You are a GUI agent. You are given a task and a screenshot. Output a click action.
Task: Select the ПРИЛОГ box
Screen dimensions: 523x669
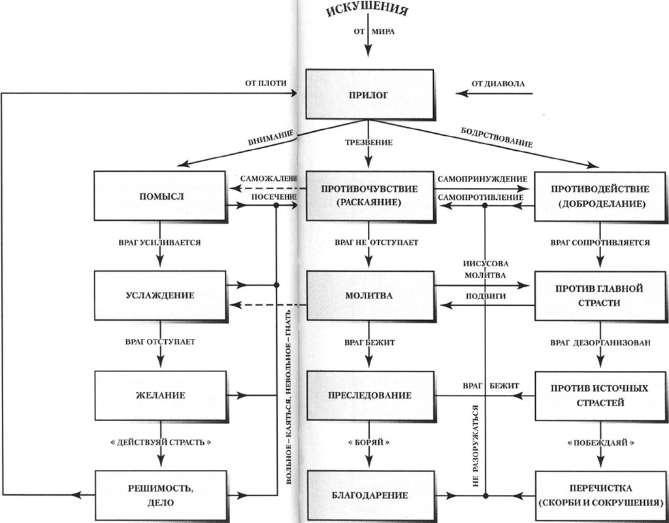(x=368, y=95)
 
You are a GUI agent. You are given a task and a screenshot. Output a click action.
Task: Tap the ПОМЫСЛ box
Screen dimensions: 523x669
(x=159, y=196)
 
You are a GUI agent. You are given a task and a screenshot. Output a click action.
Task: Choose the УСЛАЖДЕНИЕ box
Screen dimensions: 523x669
(x=159, y=295)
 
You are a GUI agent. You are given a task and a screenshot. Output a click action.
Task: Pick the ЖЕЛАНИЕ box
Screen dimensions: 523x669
(x=159, y=395)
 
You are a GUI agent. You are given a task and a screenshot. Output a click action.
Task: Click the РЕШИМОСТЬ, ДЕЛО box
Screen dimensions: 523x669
(x=159, y=495)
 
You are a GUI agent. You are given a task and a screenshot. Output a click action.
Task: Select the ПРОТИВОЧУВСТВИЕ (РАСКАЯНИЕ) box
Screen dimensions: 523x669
(x=369, y=196)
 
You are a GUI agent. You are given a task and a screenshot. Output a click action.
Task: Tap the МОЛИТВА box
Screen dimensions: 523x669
(x=369, y=295)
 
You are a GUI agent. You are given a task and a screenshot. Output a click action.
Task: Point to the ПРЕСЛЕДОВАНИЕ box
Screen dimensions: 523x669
(x=369, y=395)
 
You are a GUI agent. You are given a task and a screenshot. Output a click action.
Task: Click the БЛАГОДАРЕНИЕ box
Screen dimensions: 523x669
(x=369, y=495)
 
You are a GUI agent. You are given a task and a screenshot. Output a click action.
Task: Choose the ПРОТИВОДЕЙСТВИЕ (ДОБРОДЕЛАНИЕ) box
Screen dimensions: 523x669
(x=600, y=196)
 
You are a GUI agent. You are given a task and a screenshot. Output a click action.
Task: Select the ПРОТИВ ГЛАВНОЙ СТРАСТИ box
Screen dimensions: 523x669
(x=600, y=295)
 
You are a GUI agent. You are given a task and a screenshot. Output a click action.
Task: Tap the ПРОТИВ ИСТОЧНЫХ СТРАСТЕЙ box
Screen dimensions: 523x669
(x=600, y=395)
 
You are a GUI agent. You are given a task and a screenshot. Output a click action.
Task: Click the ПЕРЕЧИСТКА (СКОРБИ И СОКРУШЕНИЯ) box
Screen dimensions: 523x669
(x=600, y=495)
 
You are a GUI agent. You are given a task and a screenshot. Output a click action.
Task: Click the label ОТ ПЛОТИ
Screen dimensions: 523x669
(x=260, y=84)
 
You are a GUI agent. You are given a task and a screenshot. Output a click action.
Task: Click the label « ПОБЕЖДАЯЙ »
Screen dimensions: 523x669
(x=600, y=442)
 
